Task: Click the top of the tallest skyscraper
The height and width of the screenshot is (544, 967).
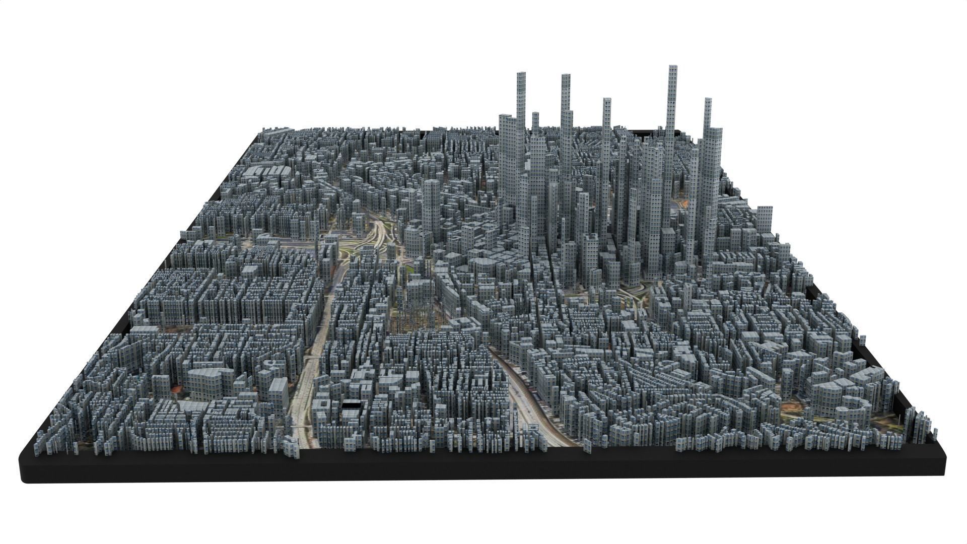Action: [x=672, y=68]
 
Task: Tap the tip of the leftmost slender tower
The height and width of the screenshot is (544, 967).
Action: [x=521, y=75]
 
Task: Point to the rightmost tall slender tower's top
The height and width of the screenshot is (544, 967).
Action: [x=708, y=101]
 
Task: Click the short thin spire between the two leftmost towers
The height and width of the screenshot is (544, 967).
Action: [x=535, y=117]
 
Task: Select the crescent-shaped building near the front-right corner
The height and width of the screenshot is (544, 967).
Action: [x=856, y=408]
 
